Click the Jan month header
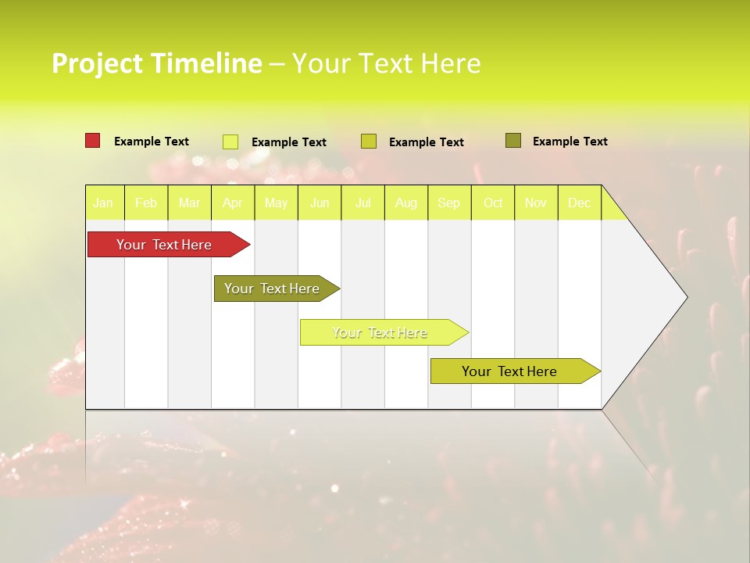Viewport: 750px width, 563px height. point(103,203)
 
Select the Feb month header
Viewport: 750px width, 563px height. point(146,203)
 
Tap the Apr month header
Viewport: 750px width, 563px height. point(232,203)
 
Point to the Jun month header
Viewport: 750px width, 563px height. point(320,203)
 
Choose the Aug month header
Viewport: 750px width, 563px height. point(405,203)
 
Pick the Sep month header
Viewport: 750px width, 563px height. point(448,203)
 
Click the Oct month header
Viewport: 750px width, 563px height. point(493,203)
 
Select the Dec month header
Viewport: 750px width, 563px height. point(579,203)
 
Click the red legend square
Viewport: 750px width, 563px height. point(92,141)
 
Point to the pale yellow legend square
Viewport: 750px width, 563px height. point(230,142)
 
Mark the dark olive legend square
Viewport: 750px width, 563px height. point(512,141)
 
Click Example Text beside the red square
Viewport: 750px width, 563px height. point(152,142)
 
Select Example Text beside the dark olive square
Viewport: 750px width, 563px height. point(570,142)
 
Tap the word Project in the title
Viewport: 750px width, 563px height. point(97,63)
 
